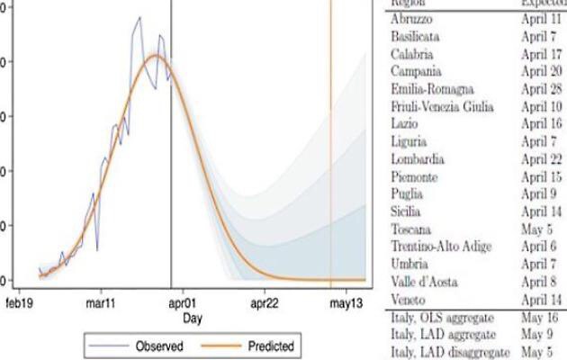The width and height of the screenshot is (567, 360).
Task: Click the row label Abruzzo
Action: pyautogui.click(x=412, y=18)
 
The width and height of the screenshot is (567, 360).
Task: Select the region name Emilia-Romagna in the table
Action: pyautogui.click(x=432, y=88)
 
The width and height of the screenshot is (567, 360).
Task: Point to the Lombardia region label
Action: pyautogui.click(x=417, y=158)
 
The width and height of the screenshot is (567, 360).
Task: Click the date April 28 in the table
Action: pyautogui.click(x=542, y=88)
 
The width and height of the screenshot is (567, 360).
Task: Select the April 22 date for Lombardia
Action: pyautogui.click(x=542, y=158)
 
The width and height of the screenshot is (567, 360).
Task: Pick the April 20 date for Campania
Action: pyautogui.click(x=542, y=70)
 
